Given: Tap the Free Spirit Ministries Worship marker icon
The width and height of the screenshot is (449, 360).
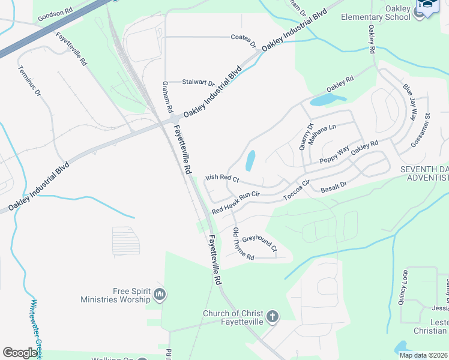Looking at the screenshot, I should click(159, 293).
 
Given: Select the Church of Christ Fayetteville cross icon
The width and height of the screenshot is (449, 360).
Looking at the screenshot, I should click(272, 316).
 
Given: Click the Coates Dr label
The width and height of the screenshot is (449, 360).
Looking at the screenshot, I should click(243, 41).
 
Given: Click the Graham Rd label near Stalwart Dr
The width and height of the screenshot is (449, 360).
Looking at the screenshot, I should click(167, 98).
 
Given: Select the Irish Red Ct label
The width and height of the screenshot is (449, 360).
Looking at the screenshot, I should click(222, 178).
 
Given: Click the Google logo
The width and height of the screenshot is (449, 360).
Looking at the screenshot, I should click(21, 353).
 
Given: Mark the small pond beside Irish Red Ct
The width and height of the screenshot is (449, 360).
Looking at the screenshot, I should click(250, 160).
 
